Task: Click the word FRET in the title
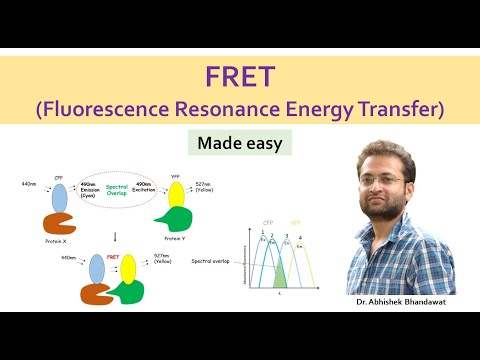(239, 76)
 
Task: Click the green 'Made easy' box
(239, 143)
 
